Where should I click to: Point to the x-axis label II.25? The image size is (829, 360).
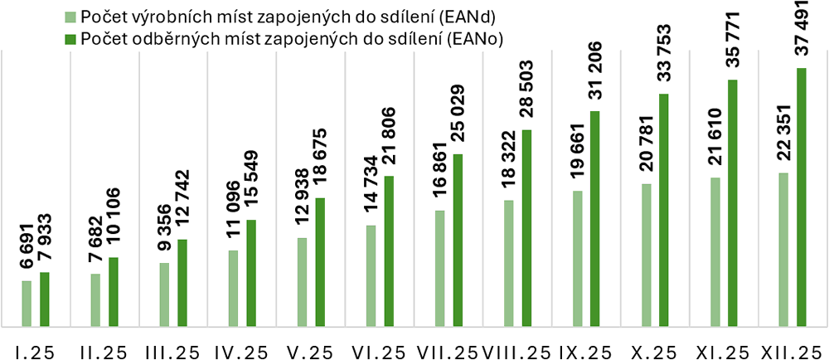(x=104, y=351)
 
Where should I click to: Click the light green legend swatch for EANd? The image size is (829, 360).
(x=72, y=17)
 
